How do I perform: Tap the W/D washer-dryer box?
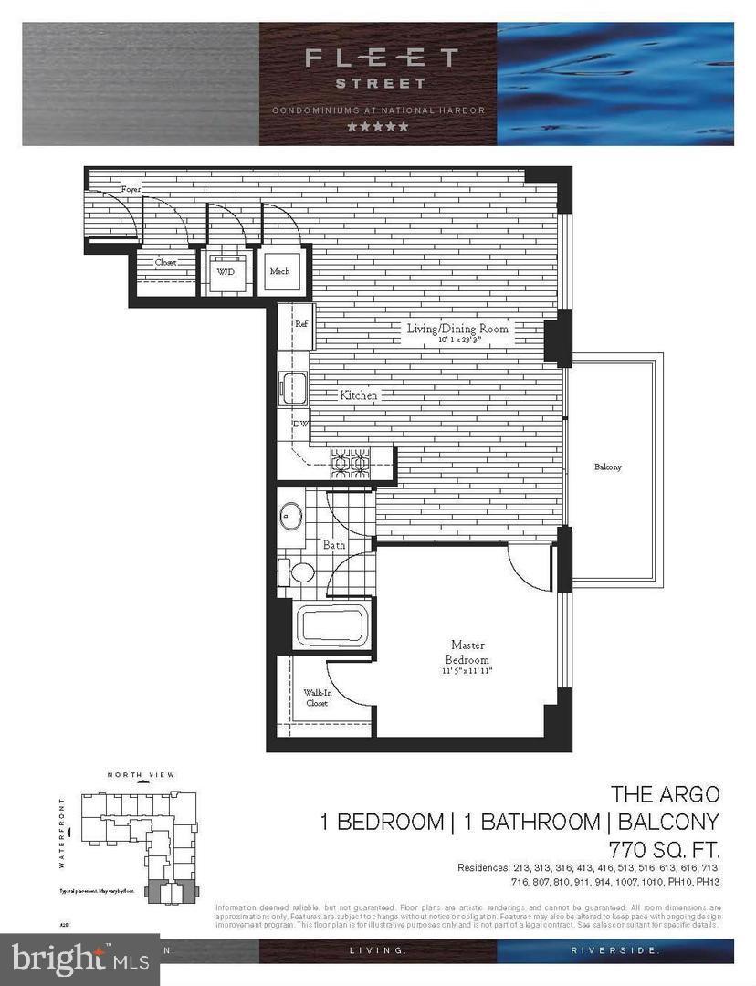[x=224, y=271]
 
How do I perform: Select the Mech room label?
[x=279, y=271]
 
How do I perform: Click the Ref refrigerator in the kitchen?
[x=299, y=324]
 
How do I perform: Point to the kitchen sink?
[x=293, y=389]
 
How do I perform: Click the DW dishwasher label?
[x=299, y=424]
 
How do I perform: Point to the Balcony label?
[x=607, y=467]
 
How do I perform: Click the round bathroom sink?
[x=291, y=517]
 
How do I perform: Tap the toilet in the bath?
[x=298, y=572]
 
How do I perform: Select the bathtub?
[x=332, y=625]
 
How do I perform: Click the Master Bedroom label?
[x=467, y=652]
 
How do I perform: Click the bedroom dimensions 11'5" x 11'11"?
[x=467, y=673]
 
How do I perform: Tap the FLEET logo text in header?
[x=381, y=58]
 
